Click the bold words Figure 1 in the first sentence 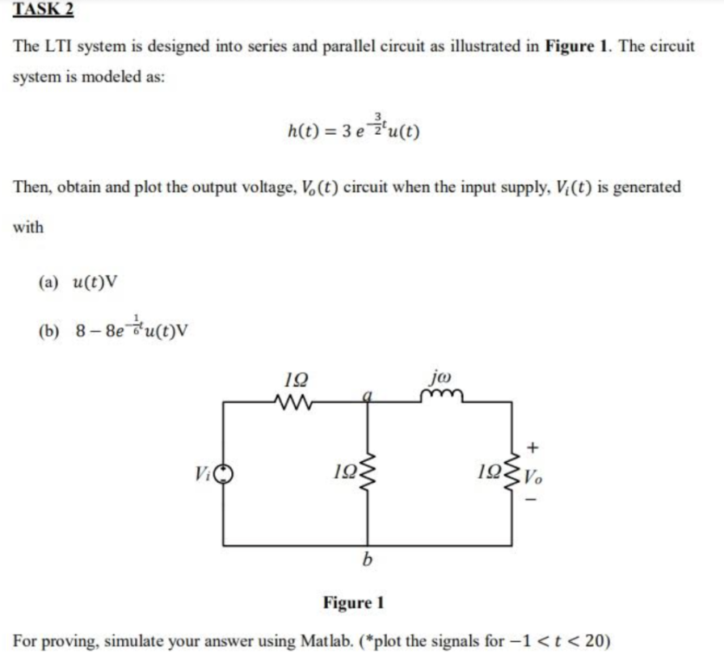578,46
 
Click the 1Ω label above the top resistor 288,380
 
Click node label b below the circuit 367,560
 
